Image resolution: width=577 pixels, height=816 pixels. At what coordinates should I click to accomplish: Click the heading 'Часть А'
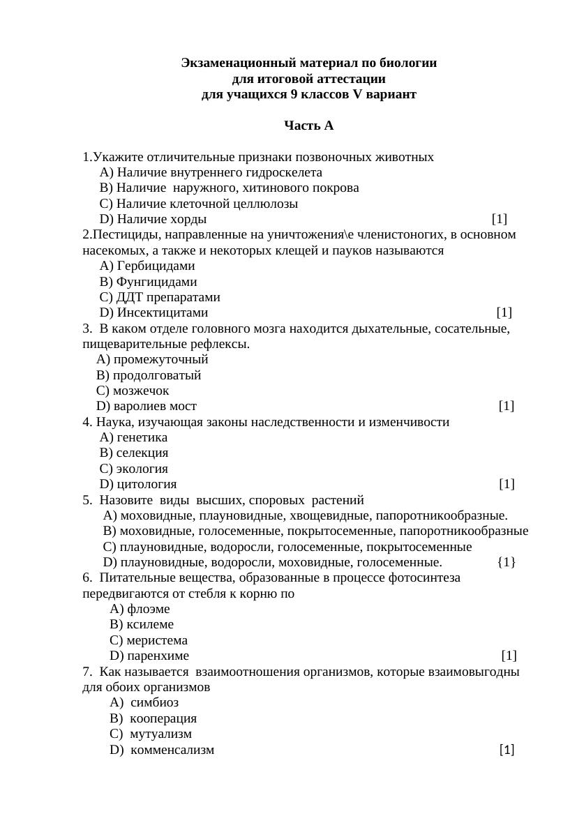click(x=308, y=126)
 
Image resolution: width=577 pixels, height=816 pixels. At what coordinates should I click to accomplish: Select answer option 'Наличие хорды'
click(x=161, y=219)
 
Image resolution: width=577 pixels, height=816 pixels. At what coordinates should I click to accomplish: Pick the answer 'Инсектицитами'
click(x=163, y=312)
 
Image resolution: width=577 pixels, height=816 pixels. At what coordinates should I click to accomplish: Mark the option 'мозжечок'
click(x=141, y=391)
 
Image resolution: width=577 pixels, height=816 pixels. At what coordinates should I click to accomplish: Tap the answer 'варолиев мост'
click(x=155, y=406)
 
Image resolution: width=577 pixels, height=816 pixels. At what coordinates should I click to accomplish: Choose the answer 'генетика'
click(x=142, y=437)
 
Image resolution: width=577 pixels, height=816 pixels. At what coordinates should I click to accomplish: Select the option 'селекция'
click(x=142, y=453)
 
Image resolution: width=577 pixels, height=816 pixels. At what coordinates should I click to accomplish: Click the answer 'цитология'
click(x=147, y=484)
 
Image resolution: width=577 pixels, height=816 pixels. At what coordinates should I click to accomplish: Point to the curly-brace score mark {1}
click(x=507, y=562)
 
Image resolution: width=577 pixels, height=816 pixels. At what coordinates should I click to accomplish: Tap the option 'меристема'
click(x=157, y=640)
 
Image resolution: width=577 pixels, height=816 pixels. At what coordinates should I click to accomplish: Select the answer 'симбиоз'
click(x=154, y=703)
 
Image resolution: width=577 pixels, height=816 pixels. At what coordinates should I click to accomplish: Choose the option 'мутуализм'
click(x=161, y=734)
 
